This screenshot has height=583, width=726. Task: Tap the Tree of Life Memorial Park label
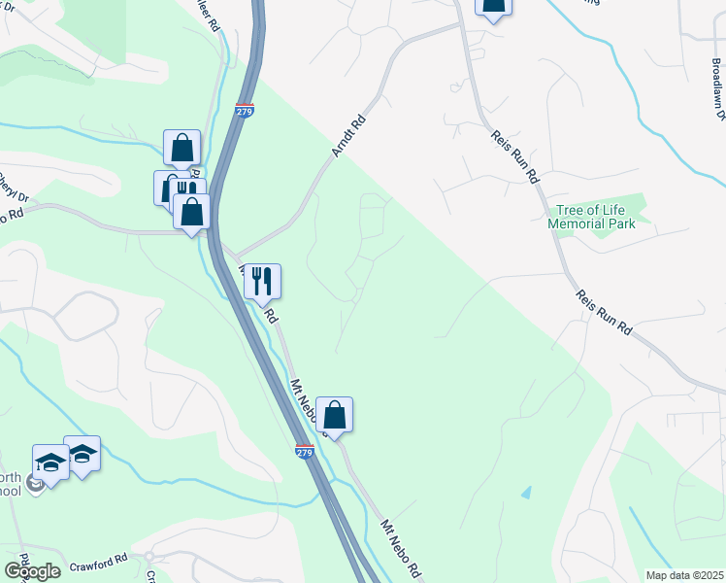591,217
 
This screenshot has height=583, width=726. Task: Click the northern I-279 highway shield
245,112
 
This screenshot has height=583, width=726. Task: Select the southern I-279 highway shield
305,452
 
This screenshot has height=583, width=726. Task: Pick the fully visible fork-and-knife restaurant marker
261,282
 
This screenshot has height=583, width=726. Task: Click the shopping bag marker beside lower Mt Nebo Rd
334,415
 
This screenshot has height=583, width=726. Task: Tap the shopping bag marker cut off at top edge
493,5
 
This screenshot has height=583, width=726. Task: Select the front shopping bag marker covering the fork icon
192,211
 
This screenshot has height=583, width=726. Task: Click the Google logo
32,570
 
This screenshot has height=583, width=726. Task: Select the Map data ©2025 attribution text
684,575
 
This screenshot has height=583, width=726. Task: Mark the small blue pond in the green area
526,493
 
